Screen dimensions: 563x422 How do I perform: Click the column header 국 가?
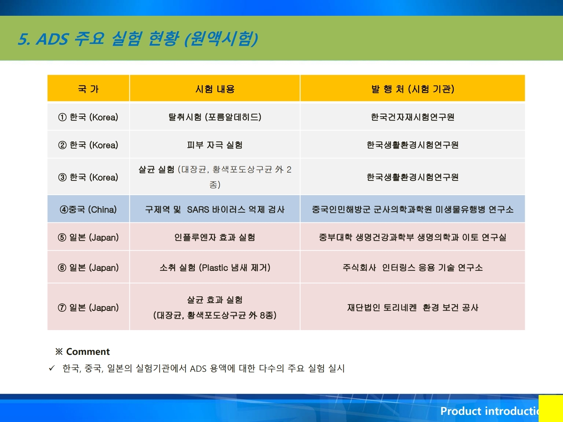tap(88, 89)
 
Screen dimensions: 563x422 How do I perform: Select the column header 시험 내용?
tap(215, 89)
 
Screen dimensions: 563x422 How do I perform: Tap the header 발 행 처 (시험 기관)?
tap(413, 89)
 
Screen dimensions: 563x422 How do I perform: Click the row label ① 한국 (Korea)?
tap(88, 117)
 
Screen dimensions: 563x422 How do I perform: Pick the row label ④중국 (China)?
tap(88, 210)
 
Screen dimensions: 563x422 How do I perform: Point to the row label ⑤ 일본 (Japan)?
tap(88, 237)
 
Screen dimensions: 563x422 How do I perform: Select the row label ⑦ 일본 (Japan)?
tap(88, 308)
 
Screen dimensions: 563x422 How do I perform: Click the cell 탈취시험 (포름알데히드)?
tap(215, 117)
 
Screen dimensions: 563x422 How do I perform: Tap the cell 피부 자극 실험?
tap(215, 145)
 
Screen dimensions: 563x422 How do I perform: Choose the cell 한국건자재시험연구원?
tap(413, 117)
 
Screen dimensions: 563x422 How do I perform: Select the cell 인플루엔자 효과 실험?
tap(215, 237)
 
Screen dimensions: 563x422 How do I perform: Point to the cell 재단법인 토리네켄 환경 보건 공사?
tap(413, 308)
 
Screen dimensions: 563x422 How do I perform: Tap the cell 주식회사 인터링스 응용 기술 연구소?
tap(413, 268)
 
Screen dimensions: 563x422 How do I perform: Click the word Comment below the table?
tap(88, 351)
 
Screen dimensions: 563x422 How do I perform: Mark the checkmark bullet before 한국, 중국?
tap(52, 368)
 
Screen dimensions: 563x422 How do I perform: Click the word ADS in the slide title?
tap(52, 39)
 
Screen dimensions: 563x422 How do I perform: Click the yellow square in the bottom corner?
tap(551, 408)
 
